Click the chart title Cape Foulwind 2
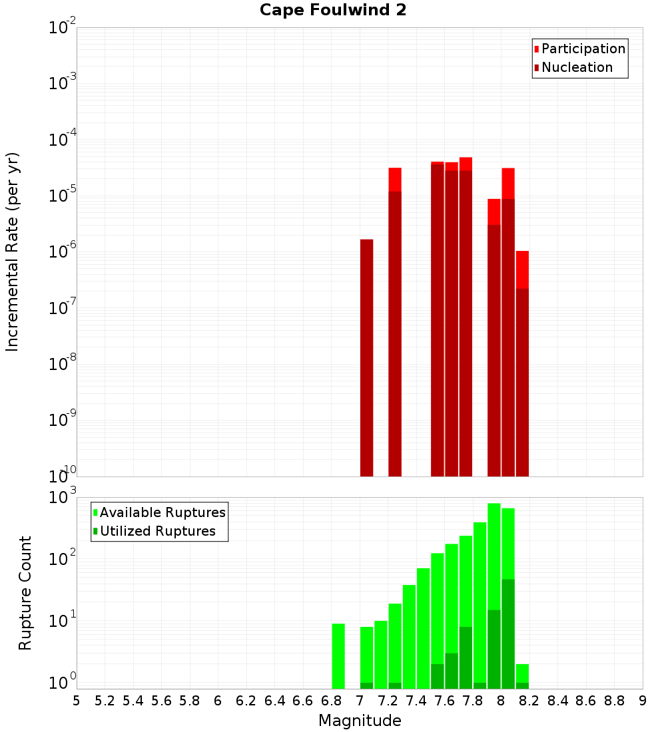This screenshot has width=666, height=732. click(333, 10)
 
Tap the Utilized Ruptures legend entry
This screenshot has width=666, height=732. click(157, 531)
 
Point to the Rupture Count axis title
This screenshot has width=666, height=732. click(25, 593)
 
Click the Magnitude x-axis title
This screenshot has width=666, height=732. click(360, 721)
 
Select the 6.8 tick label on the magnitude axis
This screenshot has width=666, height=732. click(331, 701)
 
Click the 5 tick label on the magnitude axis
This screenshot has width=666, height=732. click(77, 701)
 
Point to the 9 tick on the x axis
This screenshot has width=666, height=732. click(643, 701)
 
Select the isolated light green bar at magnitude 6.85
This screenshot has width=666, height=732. click(338, 655)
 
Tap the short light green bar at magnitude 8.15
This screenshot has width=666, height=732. click(522, 673)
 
